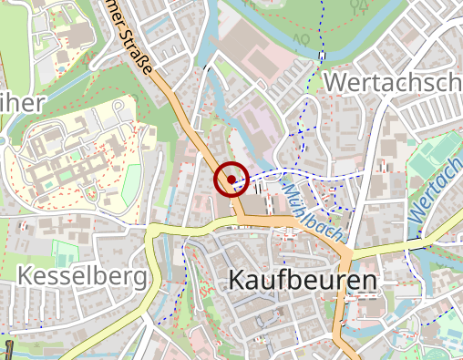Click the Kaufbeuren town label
point(303,279)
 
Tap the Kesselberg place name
point(82,276)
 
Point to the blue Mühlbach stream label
point(312,209)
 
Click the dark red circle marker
point(231,180)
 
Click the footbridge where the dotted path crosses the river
point(323,54)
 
